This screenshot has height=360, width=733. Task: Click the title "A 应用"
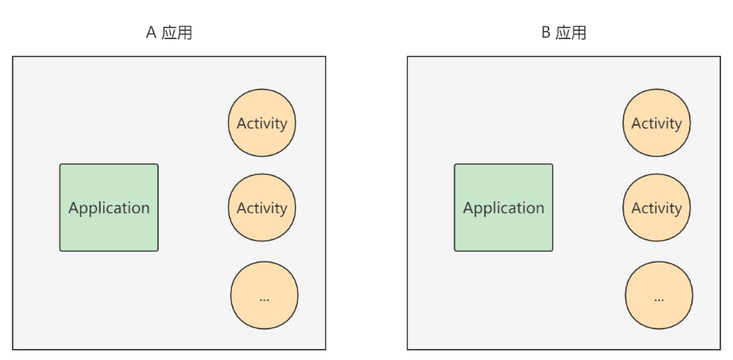click(x=169, y=33)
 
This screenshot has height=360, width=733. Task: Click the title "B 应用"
click(x=564, y=33)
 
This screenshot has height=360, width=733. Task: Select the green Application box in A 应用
click(x=109, y=208)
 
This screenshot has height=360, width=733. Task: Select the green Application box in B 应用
click(x=504, y=208)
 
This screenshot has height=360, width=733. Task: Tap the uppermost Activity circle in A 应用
click(x=262, y=123)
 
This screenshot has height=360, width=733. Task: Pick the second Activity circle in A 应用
click(x=262, y=208)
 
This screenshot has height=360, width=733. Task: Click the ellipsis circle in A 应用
click(x=264, y=296)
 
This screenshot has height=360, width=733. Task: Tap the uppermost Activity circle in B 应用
click(x=656, y=123)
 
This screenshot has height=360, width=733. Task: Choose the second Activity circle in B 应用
click(x=656, y=208)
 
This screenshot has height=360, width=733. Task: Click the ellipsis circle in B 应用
click(x=659, y=296)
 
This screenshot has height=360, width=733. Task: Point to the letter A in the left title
click(x=151, y=33)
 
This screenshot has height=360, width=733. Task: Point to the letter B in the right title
click(x=545, y=33)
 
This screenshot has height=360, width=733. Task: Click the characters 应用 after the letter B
click(x=571, y=33)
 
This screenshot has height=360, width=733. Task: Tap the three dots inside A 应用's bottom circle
click(x=264, y=299)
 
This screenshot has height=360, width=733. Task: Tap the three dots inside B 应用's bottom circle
click(x=659, y=299)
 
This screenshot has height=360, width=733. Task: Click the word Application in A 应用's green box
click(x=109, y=208)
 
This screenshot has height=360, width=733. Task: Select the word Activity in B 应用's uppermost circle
click(x=656, y=124)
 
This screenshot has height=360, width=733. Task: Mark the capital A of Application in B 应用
click(x=469, y=208)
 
